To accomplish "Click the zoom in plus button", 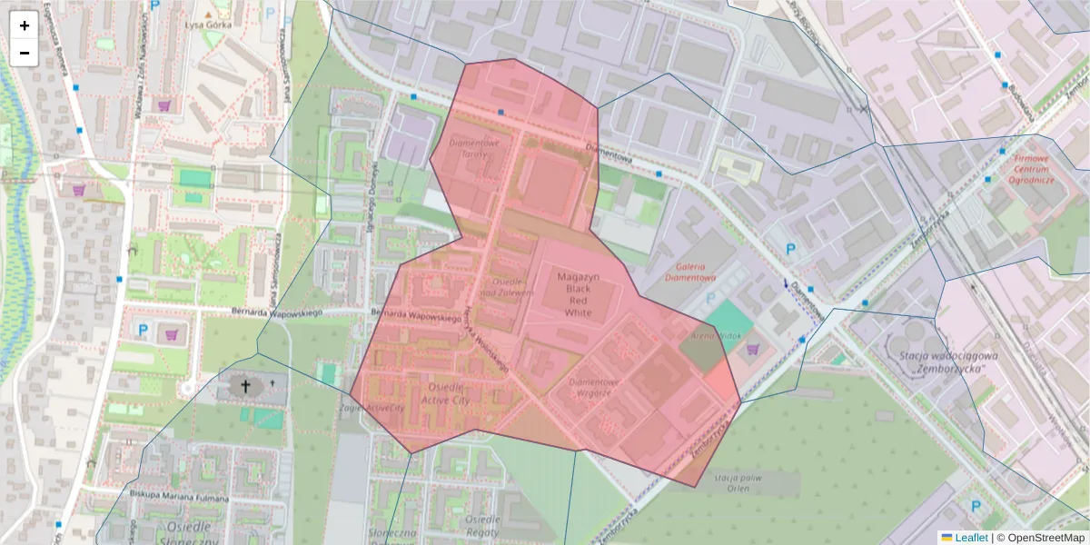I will click(25, 25).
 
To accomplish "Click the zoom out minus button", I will click(25, 53).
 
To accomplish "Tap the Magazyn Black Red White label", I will click(578, 294).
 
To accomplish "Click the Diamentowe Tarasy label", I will click(476, 148).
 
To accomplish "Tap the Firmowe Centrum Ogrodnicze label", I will click(1029, 168).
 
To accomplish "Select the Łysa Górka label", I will click(207, 25).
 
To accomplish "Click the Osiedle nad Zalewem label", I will click(500, 288).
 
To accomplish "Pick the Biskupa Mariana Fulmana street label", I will click(178, 496).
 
